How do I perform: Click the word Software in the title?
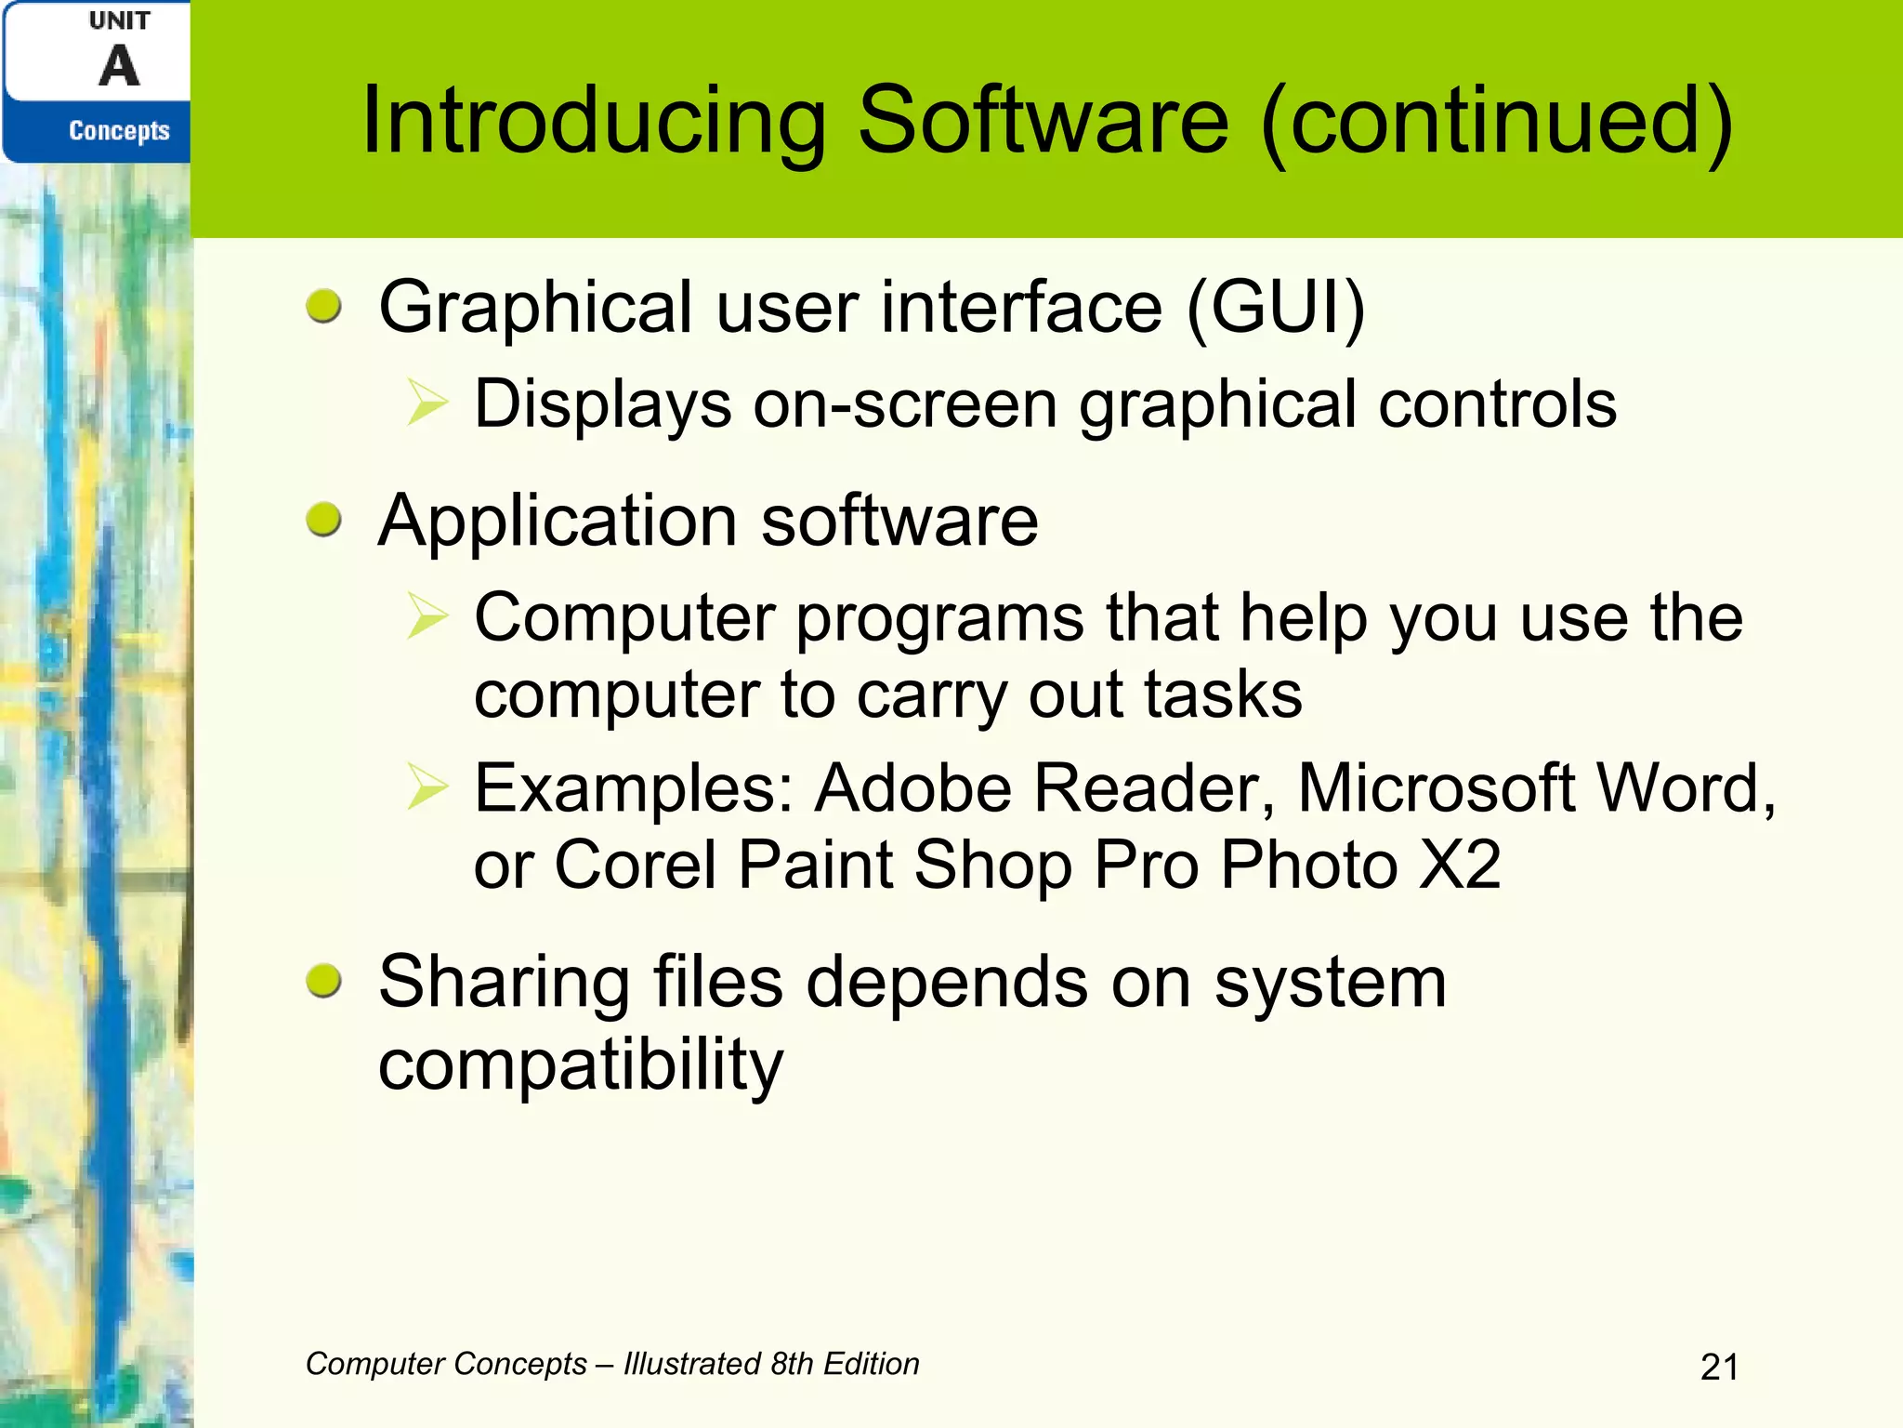click(1043, 121)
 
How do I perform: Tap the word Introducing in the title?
click(593, 121)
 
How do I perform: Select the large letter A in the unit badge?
click(120, 67)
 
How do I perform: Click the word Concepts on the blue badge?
click(119, 131)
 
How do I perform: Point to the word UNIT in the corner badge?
click(119, 20)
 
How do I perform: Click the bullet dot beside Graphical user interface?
click(324, 306)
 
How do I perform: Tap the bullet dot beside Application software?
click(324, 519)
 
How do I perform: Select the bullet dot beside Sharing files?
click(324, 981)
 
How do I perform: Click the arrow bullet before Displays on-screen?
click(427, 404)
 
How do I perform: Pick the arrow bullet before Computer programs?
click(427, 617)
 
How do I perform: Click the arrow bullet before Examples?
click(427, 788)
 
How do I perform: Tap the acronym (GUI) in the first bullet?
click(1276, 308)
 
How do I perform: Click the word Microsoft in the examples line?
click(1436, 788)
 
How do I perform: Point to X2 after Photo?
click(1461, 865)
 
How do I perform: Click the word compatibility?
click(581, 1064)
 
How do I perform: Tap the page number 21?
click(1719, 1368)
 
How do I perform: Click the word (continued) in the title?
click(1497, 121)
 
